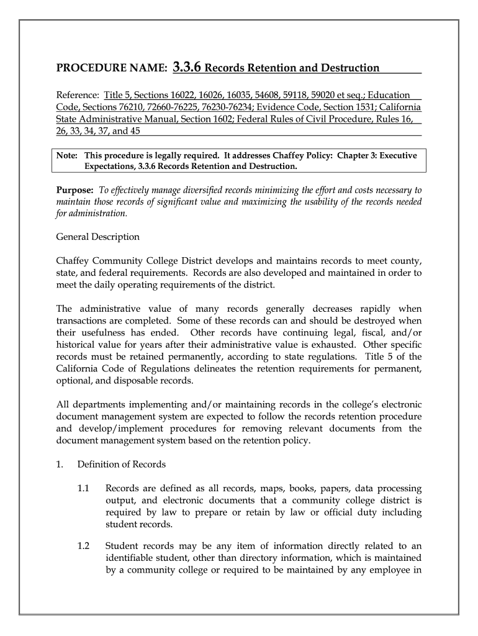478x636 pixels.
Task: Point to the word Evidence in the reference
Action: [280, 107]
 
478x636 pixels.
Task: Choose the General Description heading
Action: [98, 237]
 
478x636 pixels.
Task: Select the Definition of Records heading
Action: [122, 465]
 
